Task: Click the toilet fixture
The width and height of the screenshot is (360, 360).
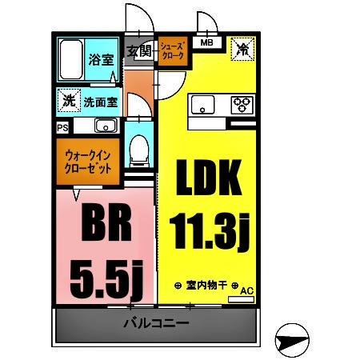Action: click(x=138, y=147)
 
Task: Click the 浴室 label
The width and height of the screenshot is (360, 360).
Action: click(x=100, y=58)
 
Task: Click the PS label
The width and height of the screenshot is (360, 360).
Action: click(x=62, y=126)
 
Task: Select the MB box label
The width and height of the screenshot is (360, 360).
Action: click(x=206, y=43)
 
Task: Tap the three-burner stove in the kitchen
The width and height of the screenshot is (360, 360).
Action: click(x=242, y=103)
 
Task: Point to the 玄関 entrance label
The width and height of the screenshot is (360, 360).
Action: click(x=140, y=51)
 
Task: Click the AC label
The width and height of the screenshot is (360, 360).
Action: click(x=246, y=291)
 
